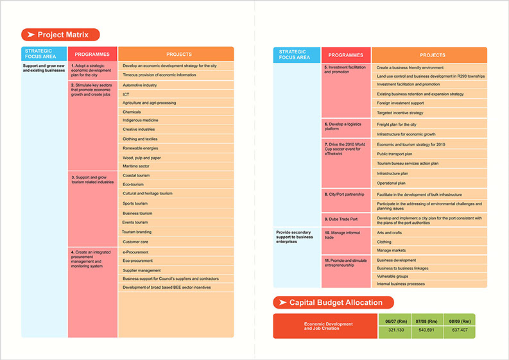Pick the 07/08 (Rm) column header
pyautogui.click(x=427, y=320)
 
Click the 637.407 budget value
pyautogui.click(x=460, y=330)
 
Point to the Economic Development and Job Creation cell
pyautogui.click(x=328, y=326)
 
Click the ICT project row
pyautogui.click(x=126, y=94)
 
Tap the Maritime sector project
pyautogui.click(x=136, y=166)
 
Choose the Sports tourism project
pyautogui.click(x=135, y=203)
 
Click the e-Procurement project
pyautogui.click(x=136, y=252)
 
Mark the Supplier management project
pyautogui.click(x=142, y=270)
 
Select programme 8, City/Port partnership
pyautogui.click(x=344, y=194)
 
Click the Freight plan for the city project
pyautogui.click(x=397, y=124)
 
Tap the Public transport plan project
pyautogui.click(x=395, y=154)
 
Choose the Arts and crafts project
pyautogui.click(x=389, y=232)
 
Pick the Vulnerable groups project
pyautogui.click(x=393, y=276)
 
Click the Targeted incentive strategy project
pyautogui.click(x=400, y=113)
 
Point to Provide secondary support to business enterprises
pyautogui.click(x=294, y=237)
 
